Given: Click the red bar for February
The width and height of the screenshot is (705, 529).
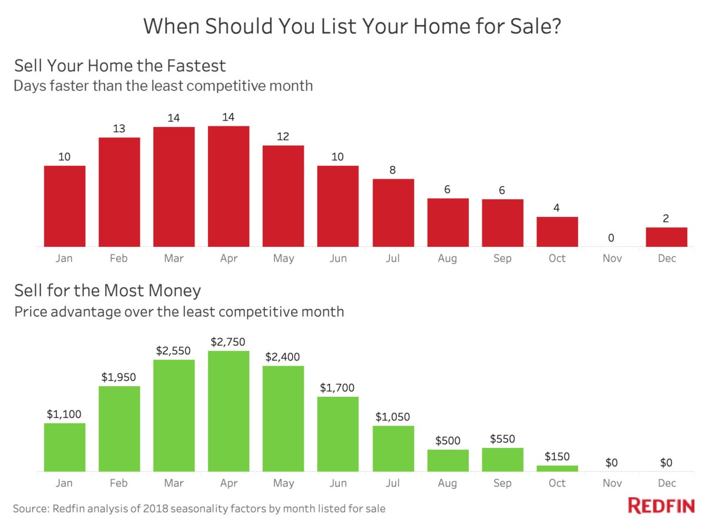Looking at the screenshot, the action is [x=119, y=192].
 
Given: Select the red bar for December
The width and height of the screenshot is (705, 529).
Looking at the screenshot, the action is [x=666, y=237].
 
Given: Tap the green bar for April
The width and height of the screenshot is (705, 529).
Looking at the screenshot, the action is [x=229, y=411].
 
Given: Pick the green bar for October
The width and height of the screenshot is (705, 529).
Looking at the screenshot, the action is [x=558, y=468].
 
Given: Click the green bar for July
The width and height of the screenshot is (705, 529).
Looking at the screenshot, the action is [x=393, y=448].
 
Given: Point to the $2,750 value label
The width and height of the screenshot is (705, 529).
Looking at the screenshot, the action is [x=228, y=341].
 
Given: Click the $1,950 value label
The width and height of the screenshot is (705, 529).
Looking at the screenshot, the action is [x=119, y=377].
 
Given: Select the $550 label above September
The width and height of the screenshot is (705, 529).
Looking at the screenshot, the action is [x=502, y=438].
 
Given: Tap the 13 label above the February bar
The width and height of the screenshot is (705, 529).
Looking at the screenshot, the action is [x=119, y=129].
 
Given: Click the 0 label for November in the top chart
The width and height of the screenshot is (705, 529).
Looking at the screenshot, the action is [x=611, y=237].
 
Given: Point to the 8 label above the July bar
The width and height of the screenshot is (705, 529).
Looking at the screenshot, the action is [x=392, y=170].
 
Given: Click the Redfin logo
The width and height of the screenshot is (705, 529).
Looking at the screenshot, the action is [x=661, y=506].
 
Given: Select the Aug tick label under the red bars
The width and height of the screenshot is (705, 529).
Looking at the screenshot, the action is [x=447, y=258].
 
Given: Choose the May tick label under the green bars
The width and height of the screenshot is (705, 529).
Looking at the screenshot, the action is [x=284, y=483].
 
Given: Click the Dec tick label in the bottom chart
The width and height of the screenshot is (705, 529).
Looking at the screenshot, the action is [x=667, y=483].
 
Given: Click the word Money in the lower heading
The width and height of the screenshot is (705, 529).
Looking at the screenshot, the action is [x=174, y=291].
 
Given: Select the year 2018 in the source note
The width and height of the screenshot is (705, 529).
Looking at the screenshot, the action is [x=156, y=508].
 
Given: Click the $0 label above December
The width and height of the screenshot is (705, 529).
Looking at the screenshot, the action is [x=666, y=463].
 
